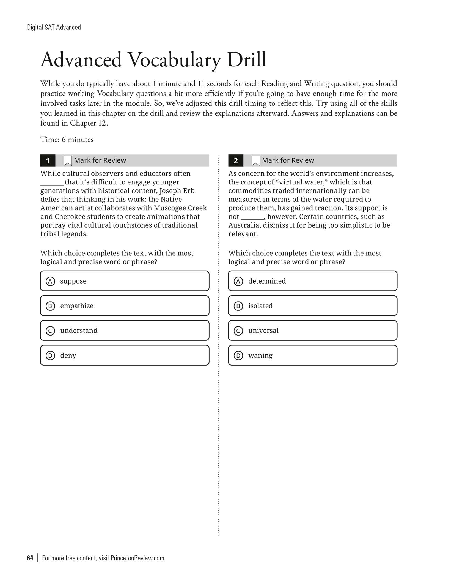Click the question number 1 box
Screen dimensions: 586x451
(x=48, y=160)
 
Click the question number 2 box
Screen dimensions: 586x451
(x=236, y=160)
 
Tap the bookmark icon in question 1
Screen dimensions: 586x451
(x=68, y=160)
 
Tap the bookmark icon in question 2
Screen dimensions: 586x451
(x=255, y=160)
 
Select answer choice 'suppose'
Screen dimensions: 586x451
(x=125, y=281)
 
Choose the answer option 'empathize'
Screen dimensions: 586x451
(x=125, y=306)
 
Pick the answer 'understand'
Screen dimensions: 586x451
(x=125, y=330)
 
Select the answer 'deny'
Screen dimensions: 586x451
(x=125, y=355)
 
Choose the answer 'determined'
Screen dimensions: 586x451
(x=313, y=281)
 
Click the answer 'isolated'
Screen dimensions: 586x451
(x=313, y=306)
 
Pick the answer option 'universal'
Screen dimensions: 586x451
(x=313, y=330)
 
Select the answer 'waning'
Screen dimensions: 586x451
(x=313, y=355)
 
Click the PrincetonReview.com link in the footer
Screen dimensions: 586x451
(x=137, y=558)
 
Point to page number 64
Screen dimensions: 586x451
(x=30, y=558)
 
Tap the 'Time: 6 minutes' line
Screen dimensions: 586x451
(x=67, y=140)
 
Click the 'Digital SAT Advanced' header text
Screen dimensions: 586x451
(x=54, y=27)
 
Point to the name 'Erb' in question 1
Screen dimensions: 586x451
(x=189, y=191)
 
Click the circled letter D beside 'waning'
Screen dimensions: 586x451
(x=238, y=356)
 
